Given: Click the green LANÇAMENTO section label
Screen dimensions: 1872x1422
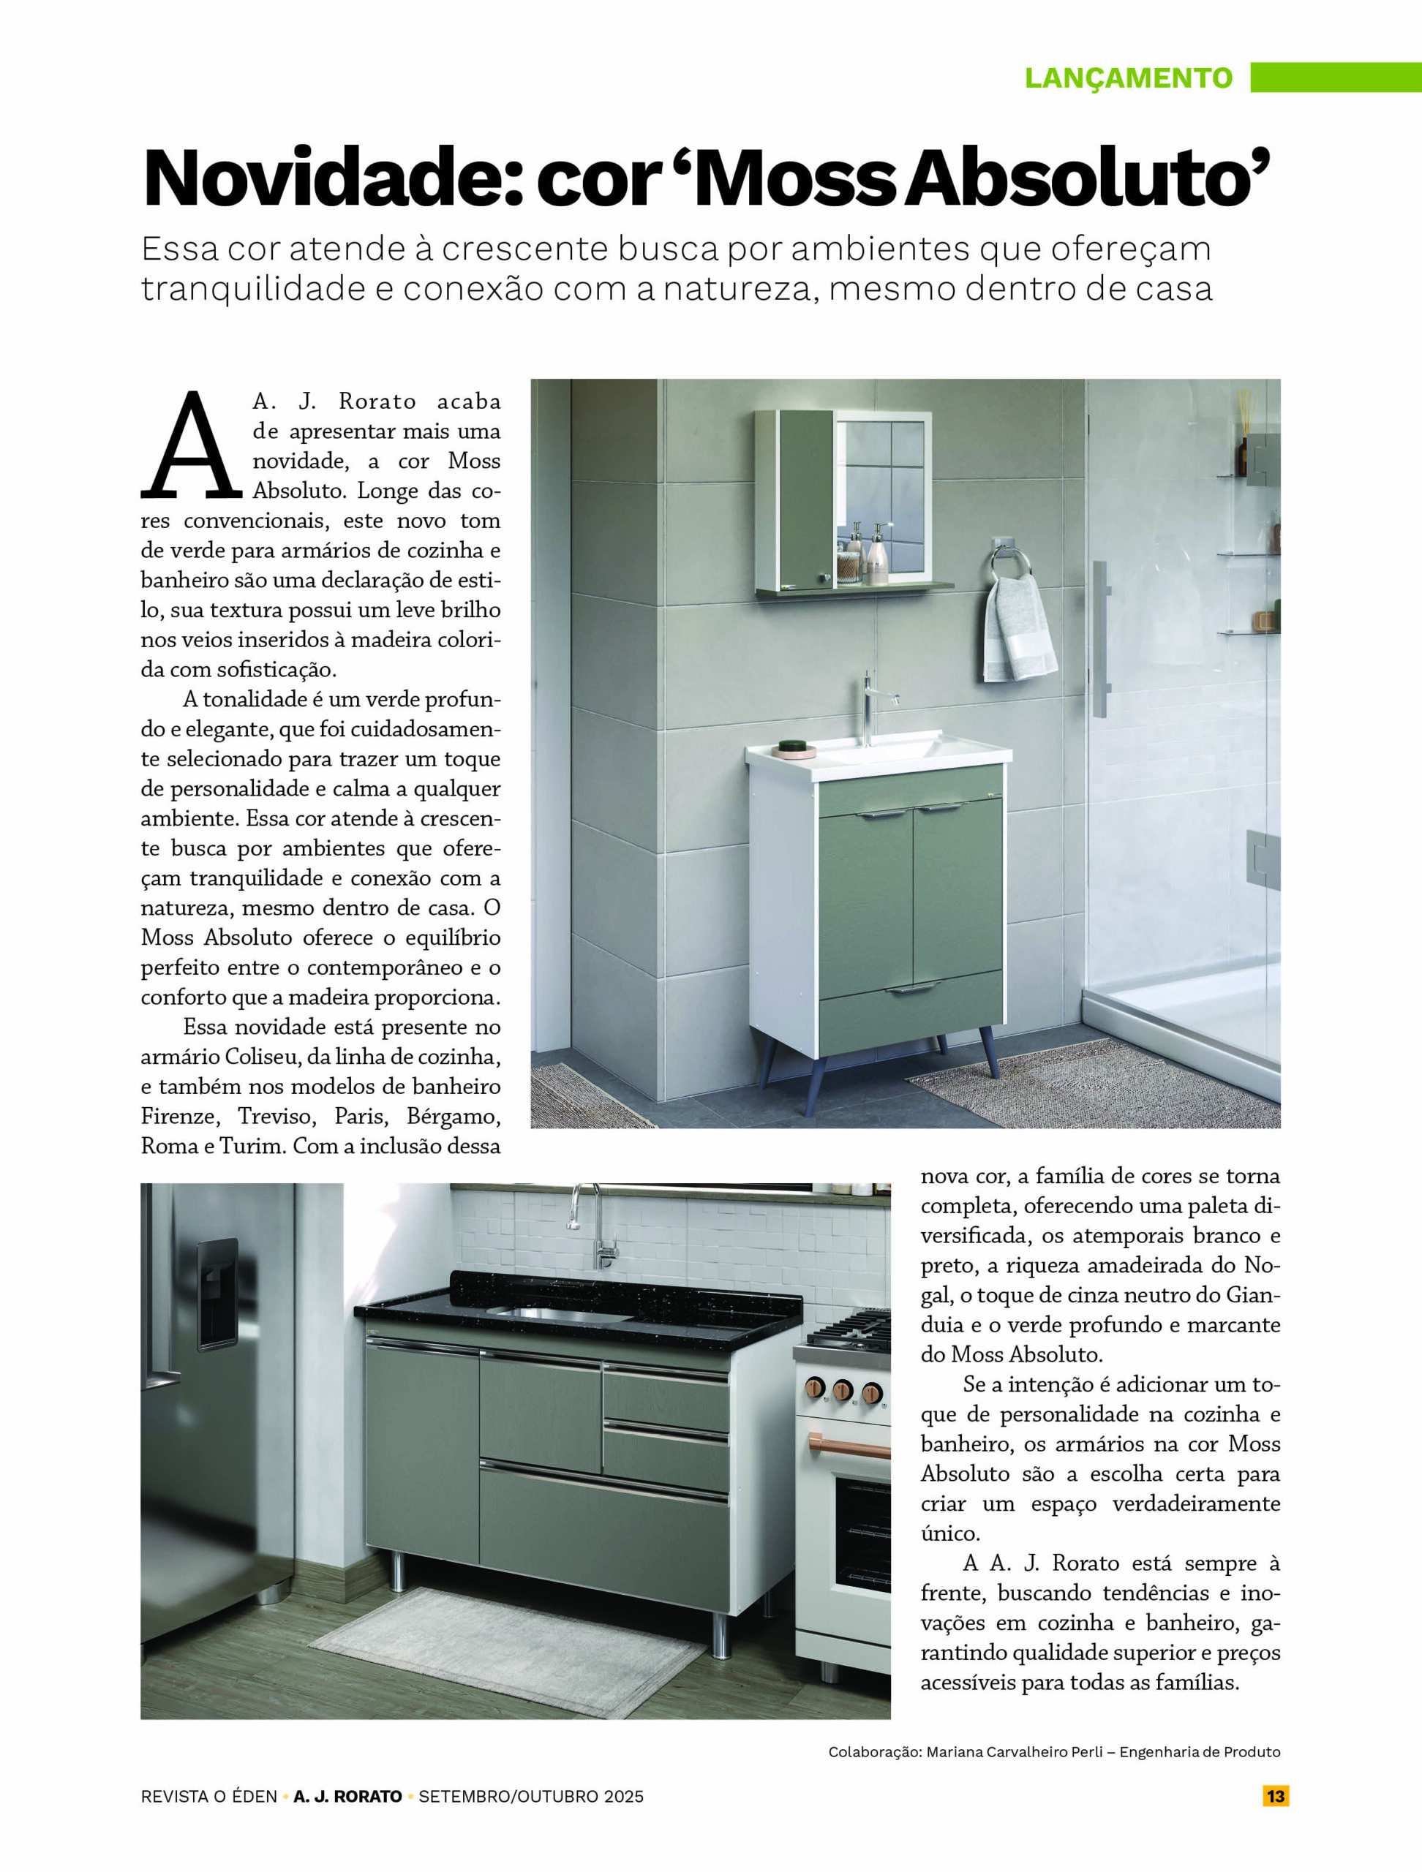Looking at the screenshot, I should [1128, 78].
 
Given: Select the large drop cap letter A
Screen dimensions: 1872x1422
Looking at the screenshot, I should [192, 445].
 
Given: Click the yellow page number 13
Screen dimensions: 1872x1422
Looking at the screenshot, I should [1276, 1796].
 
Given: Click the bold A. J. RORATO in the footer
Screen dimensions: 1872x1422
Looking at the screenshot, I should [348, 1797].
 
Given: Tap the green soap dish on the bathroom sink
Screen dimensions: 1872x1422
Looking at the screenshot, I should [791, 746].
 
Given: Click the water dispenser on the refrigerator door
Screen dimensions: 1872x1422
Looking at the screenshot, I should [217, 1291].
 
